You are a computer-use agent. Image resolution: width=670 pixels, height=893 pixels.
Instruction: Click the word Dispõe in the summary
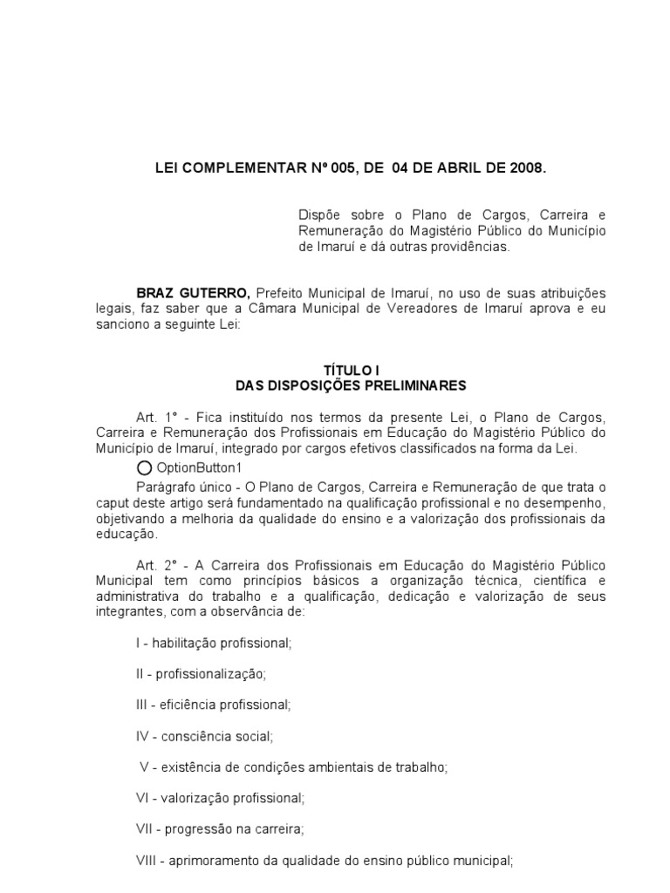pos(318,215)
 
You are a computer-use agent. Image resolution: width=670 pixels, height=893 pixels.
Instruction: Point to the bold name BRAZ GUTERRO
pos(193,293)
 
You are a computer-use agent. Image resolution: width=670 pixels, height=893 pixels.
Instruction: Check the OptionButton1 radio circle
pos(143,467)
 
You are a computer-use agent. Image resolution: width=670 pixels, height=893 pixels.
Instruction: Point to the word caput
pos(113,501)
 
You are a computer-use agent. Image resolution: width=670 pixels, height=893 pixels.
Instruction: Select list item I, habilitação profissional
pos(213,643)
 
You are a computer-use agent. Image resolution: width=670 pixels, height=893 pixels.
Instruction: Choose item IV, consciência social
pos(204,736)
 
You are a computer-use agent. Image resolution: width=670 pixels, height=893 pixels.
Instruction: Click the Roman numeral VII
pos(145,829)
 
